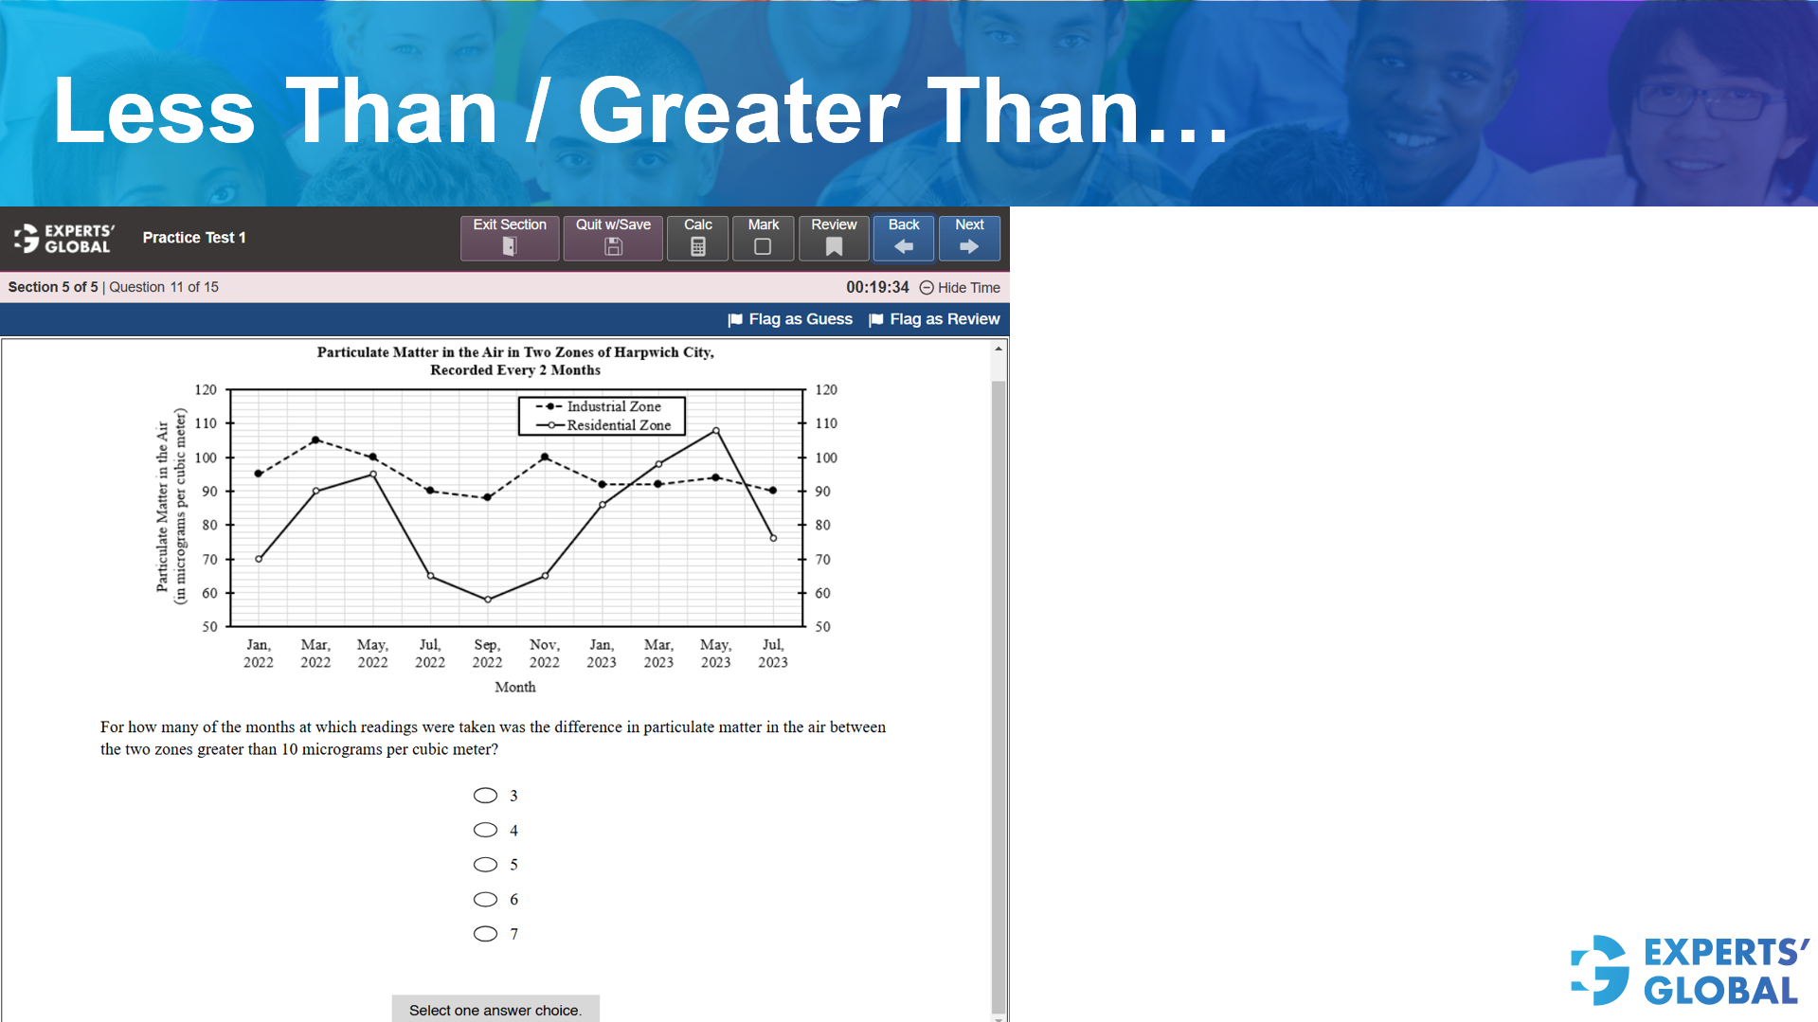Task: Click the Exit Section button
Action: tap(510, 238)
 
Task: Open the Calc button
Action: tap(697, 238)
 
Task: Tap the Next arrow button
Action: tap(969, 238)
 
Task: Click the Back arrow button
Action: tap(904, 238)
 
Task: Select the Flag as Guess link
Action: tap(790, 319)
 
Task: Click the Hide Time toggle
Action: tap(960, 288)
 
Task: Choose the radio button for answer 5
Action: tap(485, 865)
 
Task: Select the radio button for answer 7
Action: tap(485, 934)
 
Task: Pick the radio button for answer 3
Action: tap(485, 796)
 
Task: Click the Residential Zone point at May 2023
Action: tap(716, 431)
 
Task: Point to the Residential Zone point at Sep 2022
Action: tap(488, 600)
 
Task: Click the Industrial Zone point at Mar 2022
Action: tap(315, 440)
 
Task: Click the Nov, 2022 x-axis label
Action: tap(544, 654)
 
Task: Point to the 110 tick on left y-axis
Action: tap(206, 423)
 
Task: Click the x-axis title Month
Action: tap(514, 688)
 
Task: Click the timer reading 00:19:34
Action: tap(877, 287)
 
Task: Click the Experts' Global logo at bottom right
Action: tap(1690, 971)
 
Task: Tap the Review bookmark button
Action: tap(834, 238)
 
